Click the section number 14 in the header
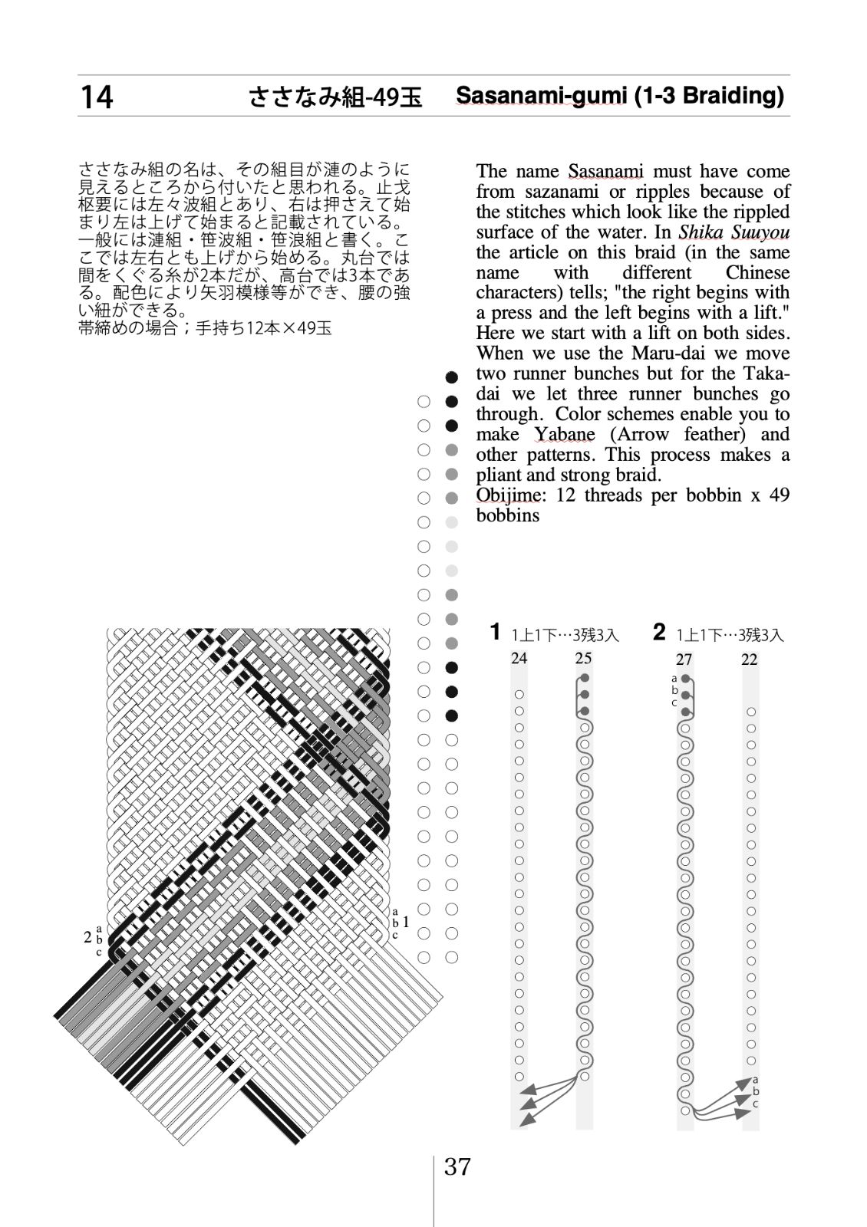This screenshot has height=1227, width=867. click(x=97, y=97)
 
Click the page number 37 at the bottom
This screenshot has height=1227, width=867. click(x=457, y=1166)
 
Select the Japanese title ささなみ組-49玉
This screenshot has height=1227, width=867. click(x=335, y=97)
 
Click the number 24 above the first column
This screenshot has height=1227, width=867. click(x=519, y=658)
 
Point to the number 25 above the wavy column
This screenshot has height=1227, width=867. click(x=583, y=658)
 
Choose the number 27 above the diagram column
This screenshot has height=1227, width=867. click(x=684, y=660)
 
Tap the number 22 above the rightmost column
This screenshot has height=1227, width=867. click(x=749, y=660)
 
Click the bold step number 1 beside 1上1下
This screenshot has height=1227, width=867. click(x=496, y=633)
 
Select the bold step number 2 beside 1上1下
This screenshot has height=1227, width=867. click(x=659, y=633)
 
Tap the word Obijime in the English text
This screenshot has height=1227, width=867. click(x=507, y=495)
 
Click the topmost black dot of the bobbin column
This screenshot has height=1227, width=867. click(x=452, y=377)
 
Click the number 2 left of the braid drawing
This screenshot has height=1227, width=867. click(x=88, y=937)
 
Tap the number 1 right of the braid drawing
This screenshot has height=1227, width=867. click(x=406, y=923)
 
